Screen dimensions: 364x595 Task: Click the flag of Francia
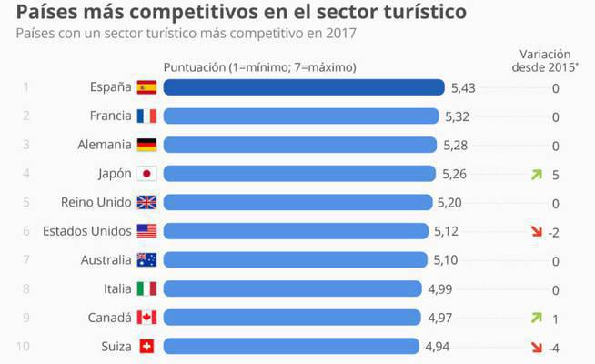[146, 116]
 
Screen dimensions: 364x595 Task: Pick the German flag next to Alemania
[146, 145]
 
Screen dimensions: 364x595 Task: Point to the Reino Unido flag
[146, 202]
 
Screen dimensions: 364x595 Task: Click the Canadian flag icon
[146, 318]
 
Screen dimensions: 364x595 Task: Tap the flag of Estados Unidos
[146, 231]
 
